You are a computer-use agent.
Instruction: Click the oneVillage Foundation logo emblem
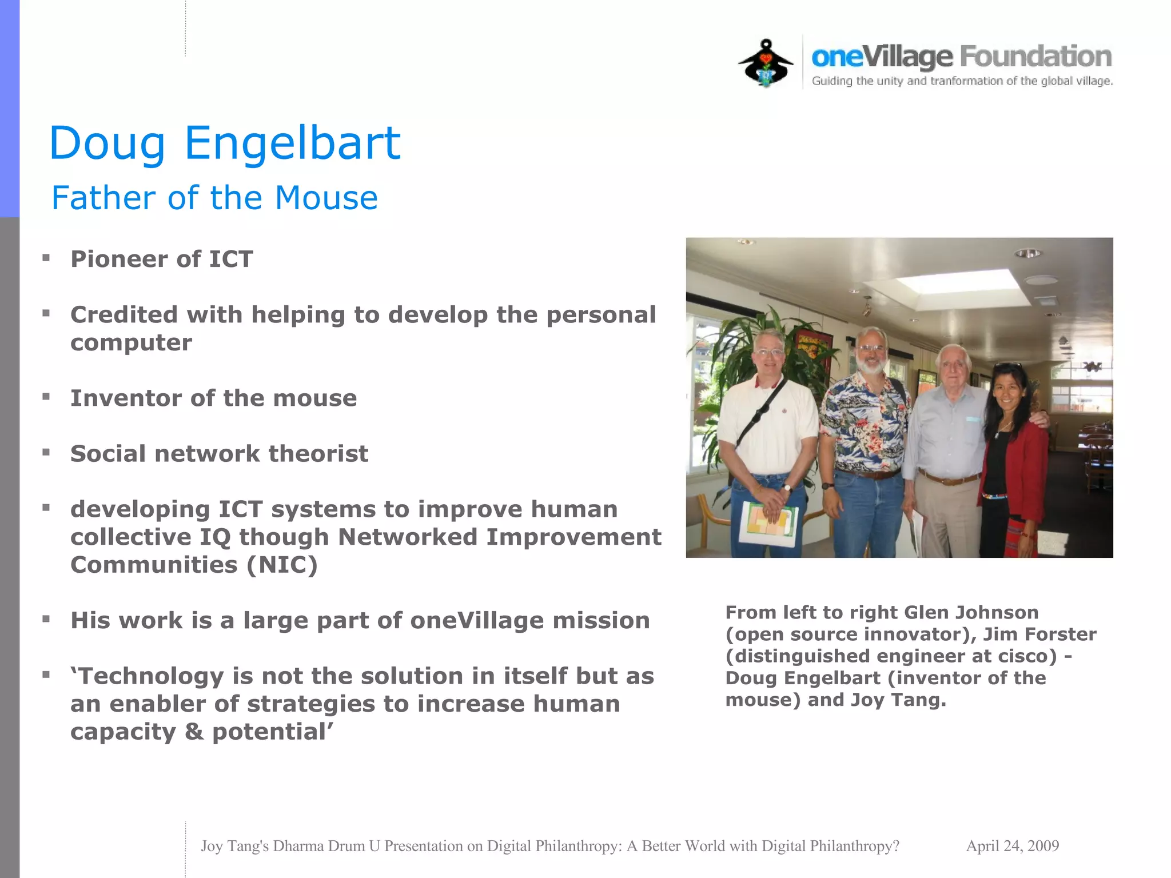coord(766,63)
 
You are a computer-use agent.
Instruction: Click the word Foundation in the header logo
coord(1035,57)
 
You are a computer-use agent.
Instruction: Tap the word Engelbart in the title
coord(292,143)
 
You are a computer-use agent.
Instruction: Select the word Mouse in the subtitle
coord(326,198)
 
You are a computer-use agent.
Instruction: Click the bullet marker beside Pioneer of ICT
coord(46,258)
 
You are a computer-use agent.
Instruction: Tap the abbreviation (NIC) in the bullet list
coord(282,565)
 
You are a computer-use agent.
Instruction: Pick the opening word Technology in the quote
coord(150,676)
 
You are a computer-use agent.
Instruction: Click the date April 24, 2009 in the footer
coord(1012,845)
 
